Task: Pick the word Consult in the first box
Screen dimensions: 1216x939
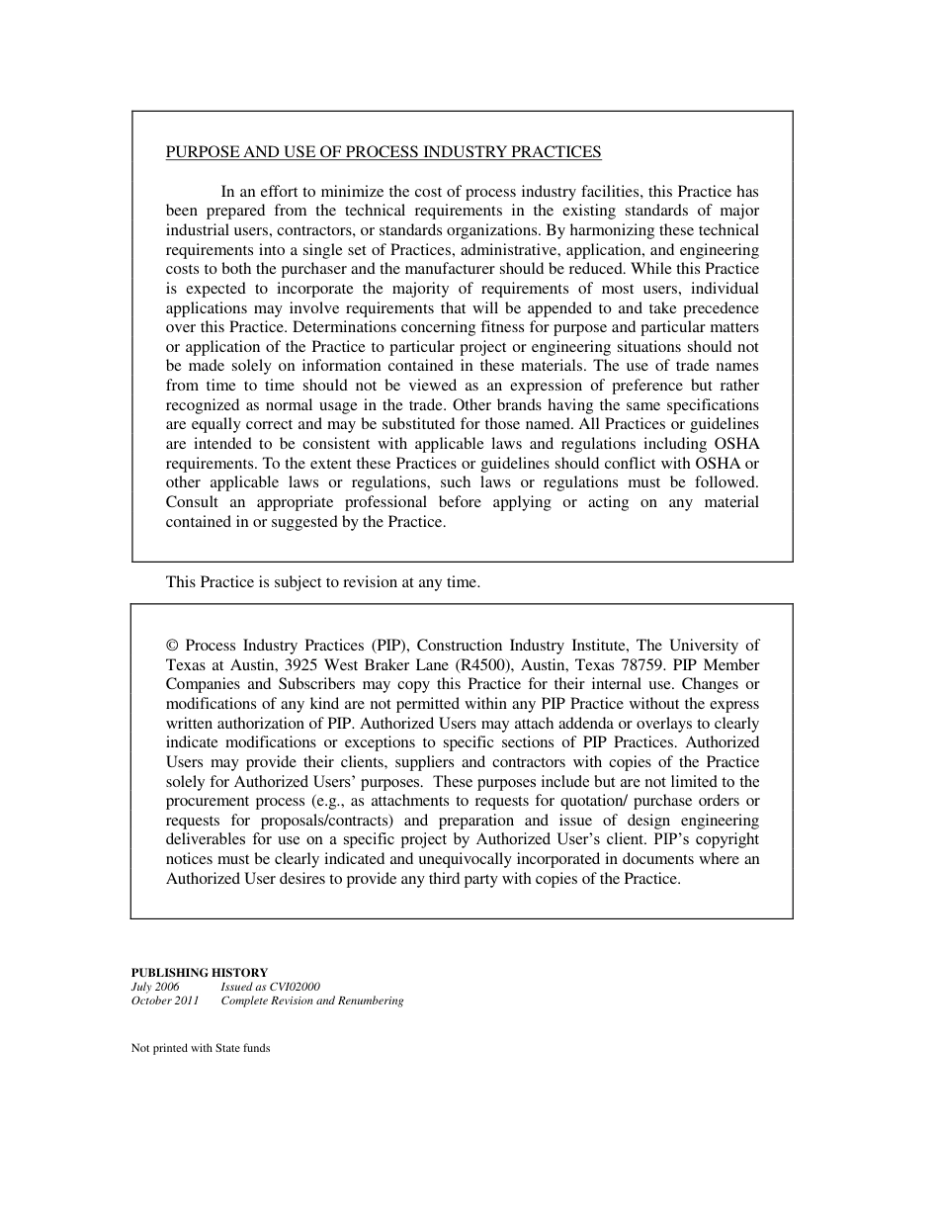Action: pyautogui.click(x=192, y=502)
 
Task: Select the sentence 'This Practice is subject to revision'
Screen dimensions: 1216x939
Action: pyautogui.click(x=322, y=582)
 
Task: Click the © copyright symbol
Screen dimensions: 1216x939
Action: pyautogui.click(x=172, y=646)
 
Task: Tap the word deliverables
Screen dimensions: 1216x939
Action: pyautogui.click(x=206, y=840)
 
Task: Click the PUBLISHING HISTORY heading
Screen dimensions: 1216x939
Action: pyautogui.click(x=200, y=973)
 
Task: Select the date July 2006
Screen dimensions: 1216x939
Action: pyautogui.click(x=155, y=987)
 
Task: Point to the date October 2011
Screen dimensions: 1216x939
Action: pyautogui.click(x=165, y=1000)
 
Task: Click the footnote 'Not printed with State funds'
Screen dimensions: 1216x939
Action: pyautogui.click(x=201, y=1048)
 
